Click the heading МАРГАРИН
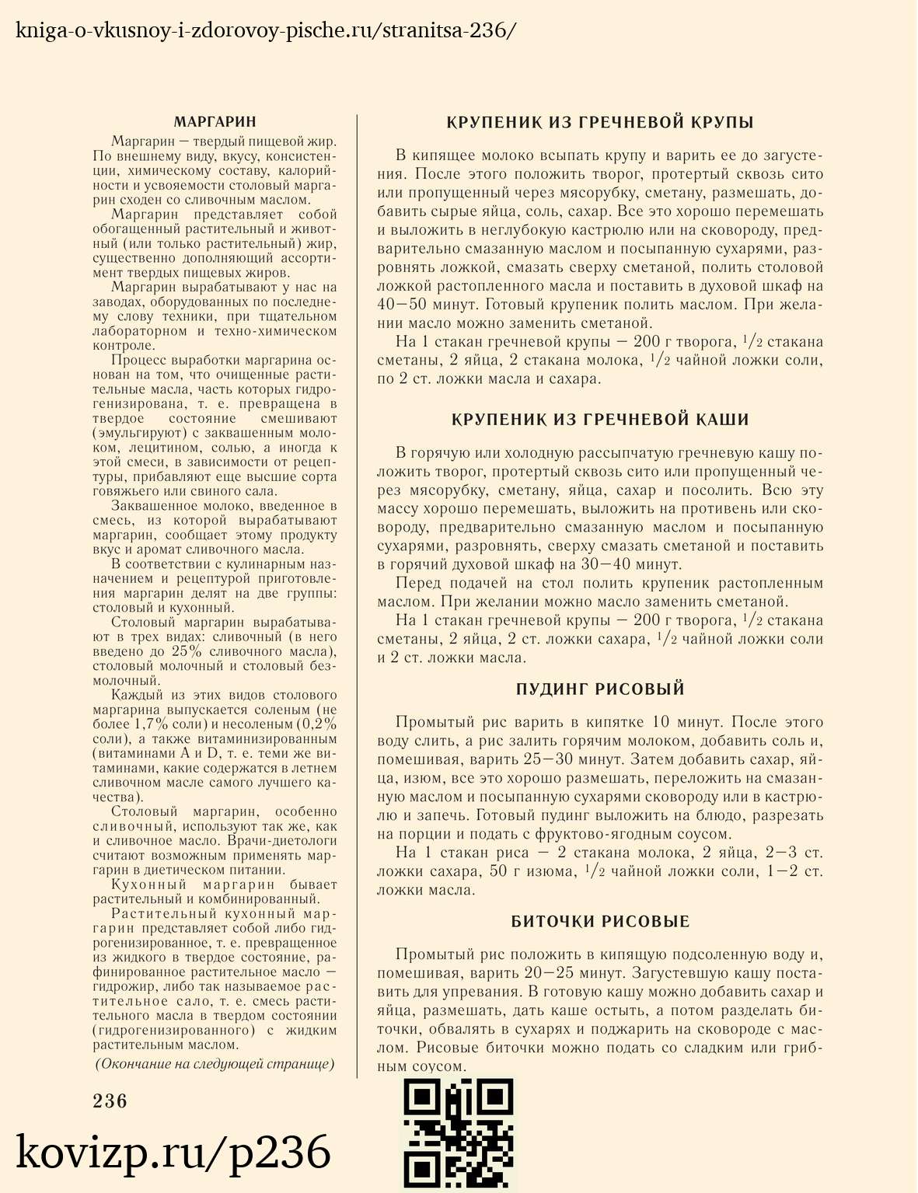pyautogui.click(x=215, y=122)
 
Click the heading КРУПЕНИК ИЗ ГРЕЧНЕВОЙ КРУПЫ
pyautogui.click(x=600, y=122)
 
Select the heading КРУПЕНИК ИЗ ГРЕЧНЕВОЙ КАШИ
pyautogui.click(x=600, y=420)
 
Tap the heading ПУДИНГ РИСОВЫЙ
pyautogui.click(x=600, y=689)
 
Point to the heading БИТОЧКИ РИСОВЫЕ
pyautogui.click(x=600, y=922)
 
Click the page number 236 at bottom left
pyautogui.click(x=110, y=1101)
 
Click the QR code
pyautogui.click(x=459, y=1135)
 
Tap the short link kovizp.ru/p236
pyautogui.click(x=173, y=1153)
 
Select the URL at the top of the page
pyautogui.click(x=265, y=30)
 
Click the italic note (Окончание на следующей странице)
pyautogui.click(x=215, y=1064)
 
